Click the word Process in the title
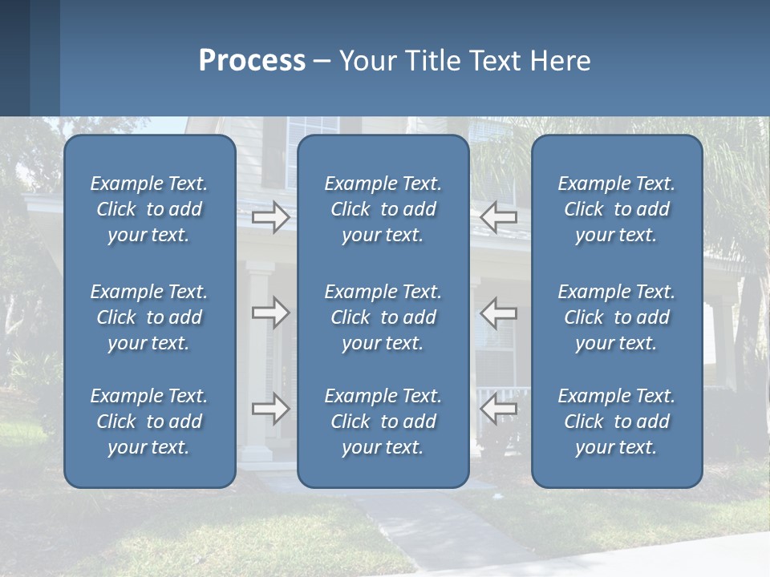coord(252,61)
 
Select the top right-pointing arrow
coord(270,216)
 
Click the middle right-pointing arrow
coord(270,313)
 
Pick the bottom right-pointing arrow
coord(270,409)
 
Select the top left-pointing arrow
coord(499,216)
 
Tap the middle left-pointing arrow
coord(499,313)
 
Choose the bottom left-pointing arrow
coord(499,409)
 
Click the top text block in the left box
coord(149,209)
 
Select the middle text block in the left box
coord(149,317)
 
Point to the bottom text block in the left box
coord(149,422)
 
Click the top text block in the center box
coord(383,209)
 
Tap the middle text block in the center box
coord(383,317)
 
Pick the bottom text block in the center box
coord(383,422)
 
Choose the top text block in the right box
coord(616,209)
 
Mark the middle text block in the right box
coord(616,317)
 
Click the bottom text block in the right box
coord(616,422)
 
